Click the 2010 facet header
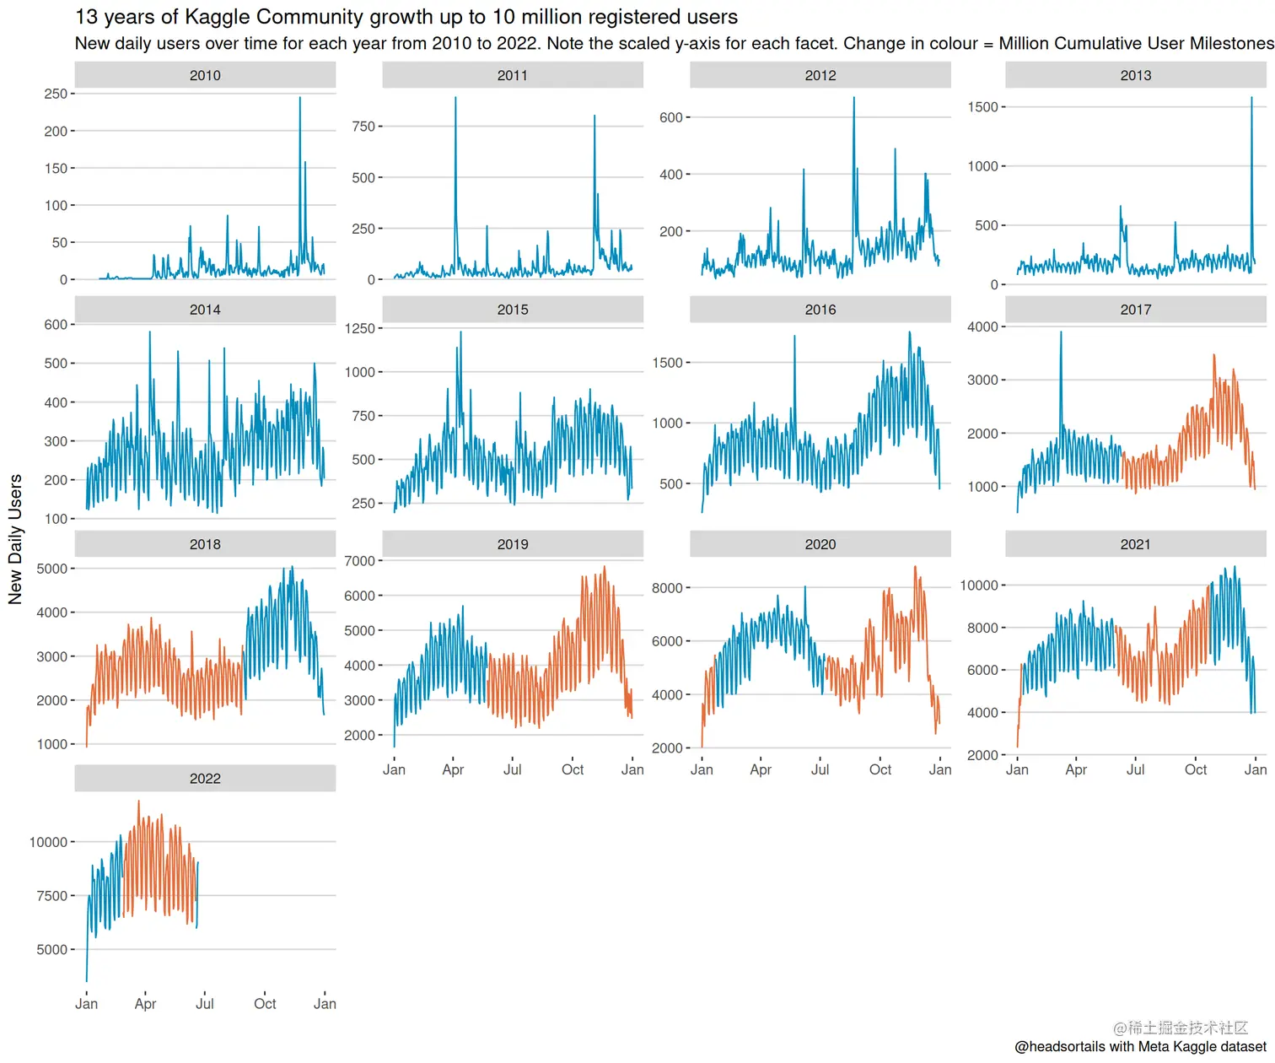tap(205, 76)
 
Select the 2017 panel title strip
tap(1135, 310)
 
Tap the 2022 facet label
tap(205, 779)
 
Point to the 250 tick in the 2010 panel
tap(56, 94)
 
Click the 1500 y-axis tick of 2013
tap(982, 107)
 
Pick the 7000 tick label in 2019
tap(359, 561)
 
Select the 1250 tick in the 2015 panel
tap(359, 328)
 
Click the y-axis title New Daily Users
tap(15, 539)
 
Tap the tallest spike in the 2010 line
tap(299, 99)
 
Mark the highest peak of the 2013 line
tap(1251, 99)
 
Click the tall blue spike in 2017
tap(1061, 333)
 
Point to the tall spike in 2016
tap(794, 337)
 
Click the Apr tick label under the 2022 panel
tap(145, 1004)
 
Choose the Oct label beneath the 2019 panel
tap(573, 769)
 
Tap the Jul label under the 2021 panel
tap(1135, 769)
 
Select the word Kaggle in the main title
tap(218, 17)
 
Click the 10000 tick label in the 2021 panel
tap(978, 585)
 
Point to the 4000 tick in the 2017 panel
tap(982, 326)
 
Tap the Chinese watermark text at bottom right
tap(1180, 1028)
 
